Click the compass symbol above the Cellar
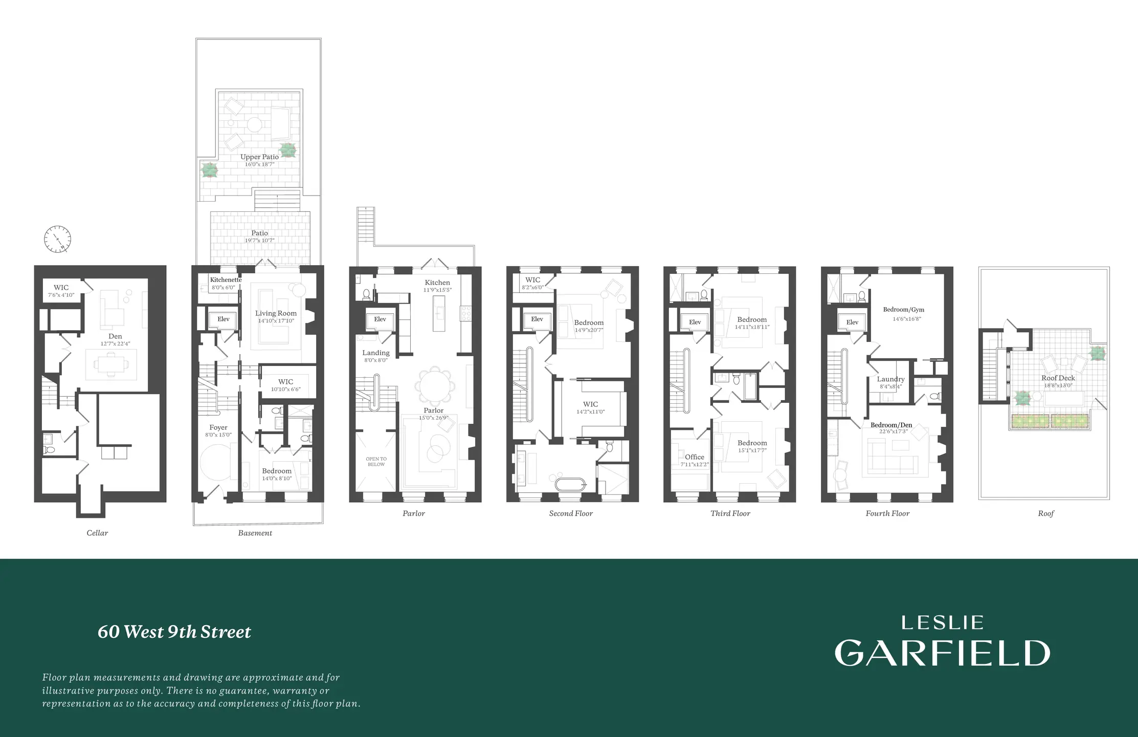[x=57, y=239]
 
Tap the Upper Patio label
[x=259, y=157]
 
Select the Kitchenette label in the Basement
[x=226, y=280]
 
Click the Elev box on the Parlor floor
[x=380, y=319]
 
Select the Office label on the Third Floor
[x=695, y=457]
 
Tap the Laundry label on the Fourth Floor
[x=890, y=379]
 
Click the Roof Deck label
[x=1058, y=378]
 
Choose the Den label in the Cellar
[x=115, y=336]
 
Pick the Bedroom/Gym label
[x=903, y=310]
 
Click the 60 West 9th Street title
[x=174, y=632]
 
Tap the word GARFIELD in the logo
[x=942, y=653]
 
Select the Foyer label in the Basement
[x=218, y=427]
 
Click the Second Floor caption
[x=571, y=513]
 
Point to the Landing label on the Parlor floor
[x=376, y=353]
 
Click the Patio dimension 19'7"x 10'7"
[x=259, y=241]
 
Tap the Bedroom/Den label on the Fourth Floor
[x=891, y=425]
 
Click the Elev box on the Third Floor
[x=695, y=322]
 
